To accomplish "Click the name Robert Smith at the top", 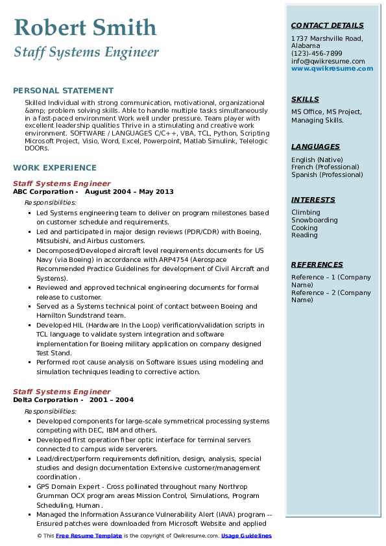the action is point(85,27).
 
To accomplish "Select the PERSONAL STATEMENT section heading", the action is point(63,91).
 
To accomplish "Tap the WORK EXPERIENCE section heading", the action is point(54,167).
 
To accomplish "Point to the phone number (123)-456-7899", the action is point(317,54).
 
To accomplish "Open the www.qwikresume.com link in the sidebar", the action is point(328,68).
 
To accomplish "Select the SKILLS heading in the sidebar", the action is point(305,99).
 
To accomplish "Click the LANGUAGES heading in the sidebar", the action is point(315,147).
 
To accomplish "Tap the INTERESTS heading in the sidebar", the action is point(313,200).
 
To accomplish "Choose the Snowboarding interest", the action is point(315,220).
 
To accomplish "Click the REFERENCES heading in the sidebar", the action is point(317,265).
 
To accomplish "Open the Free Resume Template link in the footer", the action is point(89,536).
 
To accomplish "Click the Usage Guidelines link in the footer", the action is point(247,536).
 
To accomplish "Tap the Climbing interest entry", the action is point(306,213).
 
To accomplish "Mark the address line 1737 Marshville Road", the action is point(327,39).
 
